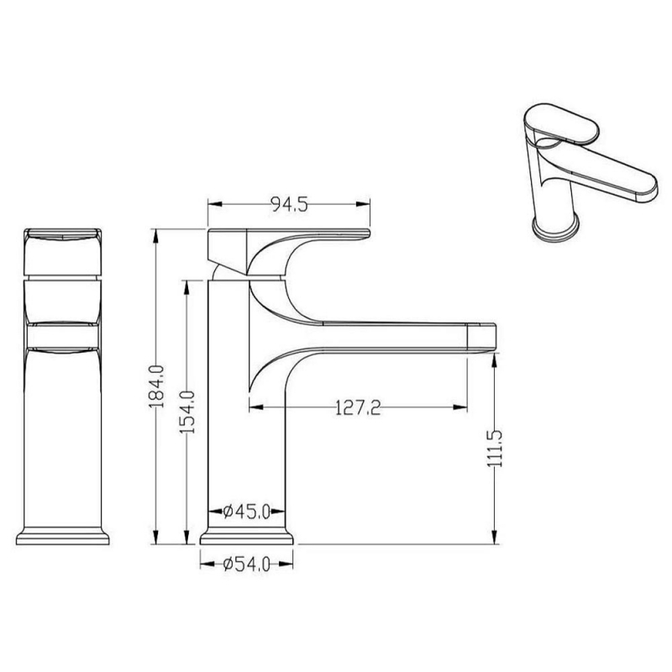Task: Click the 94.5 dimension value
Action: [x=289, y=205]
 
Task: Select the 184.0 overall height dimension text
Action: [x=157, y=386]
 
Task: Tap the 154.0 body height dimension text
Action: [x=187, y=412]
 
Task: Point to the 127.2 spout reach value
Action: [x=358, y=407]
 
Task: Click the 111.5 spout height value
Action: [x=495, y=449]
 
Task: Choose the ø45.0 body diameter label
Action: [x=247, y=512]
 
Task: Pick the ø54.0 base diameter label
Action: [x=247, y=564]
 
